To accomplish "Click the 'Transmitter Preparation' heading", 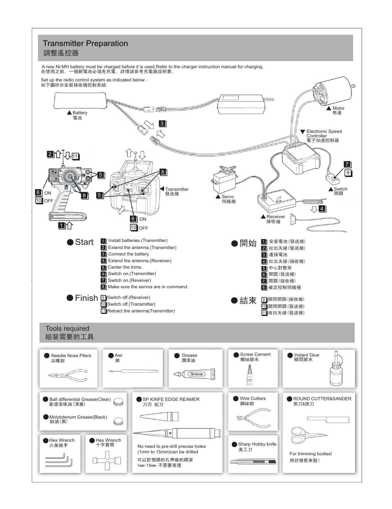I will (x=85, y=43).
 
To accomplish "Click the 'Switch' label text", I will (x=340, y=189).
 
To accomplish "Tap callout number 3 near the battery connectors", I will (x=162, y=124).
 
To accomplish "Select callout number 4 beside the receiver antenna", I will (x=322, y=209).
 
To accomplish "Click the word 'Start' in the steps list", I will (x=84, y=242).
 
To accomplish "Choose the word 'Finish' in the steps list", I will (x=86, y=298).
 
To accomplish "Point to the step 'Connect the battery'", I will (x=128, y=254).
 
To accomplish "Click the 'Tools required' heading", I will (x=67, y=329).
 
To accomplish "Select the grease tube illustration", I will (x=194, y=374).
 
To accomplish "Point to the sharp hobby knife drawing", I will (x=253, y=462).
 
